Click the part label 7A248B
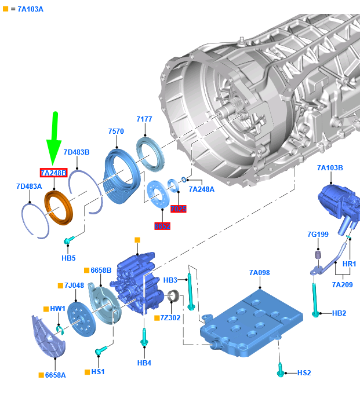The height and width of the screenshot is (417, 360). pyautogui.click(x=53, y=173)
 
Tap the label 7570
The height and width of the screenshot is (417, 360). pyautogui.click(x=116, y=131)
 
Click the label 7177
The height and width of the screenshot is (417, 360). pyautogui.click(x=144, y=119)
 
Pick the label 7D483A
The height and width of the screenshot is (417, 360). pyautogui.click(x=29, y=186)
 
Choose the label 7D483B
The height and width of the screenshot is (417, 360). pyautogui.click(x=77, y=152)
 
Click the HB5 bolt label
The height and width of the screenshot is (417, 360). pyautogui.click(x=68, y=258)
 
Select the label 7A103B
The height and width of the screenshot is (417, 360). pyautogui.click(x=330, y=168)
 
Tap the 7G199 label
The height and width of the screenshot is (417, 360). pyautogui.click(x=318, y=235)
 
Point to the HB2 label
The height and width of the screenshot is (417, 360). pyautogui.click(x=339, y=313)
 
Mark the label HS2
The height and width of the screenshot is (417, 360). pyautogui.click(x=304, y=373)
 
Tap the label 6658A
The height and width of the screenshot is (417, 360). pyautogui.click(x=56, y=375)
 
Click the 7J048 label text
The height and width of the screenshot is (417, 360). pyautogui.click(x=74, y=286)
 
